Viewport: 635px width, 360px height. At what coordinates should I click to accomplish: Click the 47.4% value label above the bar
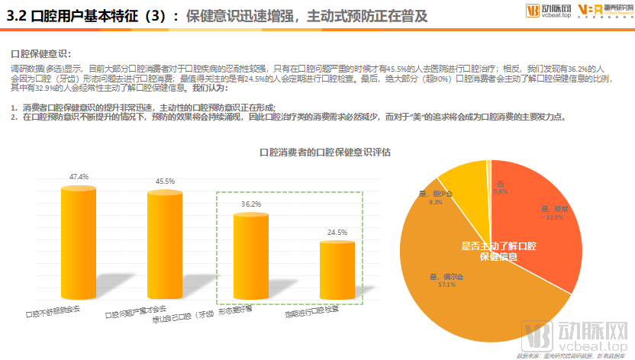(79, 177)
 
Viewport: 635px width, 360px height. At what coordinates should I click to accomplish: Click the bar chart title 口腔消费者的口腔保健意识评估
(325, 152)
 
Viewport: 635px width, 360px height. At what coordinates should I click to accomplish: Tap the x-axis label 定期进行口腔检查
(311, 313)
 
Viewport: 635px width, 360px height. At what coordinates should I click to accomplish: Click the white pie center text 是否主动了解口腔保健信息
(499, 252)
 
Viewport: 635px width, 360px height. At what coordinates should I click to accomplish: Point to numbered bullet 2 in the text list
(14, 117)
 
